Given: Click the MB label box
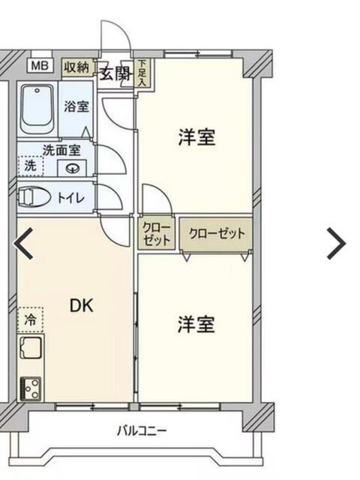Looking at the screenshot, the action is (x=40, y=65).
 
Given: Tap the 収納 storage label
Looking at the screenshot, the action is (x=77, y=67).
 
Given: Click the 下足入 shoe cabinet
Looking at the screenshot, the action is (x=142, y=73).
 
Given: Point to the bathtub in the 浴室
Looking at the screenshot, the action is (x=37, y=109).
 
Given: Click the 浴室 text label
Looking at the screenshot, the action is (x=76, y=106).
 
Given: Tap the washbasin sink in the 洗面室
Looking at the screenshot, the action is (x=73, y=168).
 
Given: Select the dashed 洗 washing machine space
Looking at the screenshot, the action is (x=30, y=166).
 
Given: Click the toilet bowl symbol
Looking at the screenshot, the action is (x=34, y=197).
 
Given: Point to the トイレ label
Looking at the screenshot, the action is (x=70, y=198).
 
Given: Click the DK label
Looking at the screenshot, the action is (x=81, y=305).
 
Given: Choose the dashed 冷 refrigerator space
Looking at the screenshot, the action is (x=30, y=320).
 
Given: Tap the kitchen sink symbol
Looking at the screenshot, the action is (x=31, y=348).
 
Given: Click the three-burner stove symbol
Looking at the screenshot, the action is (x=30, y=388).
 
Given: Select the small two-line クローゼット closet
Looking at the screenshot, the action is (x=156, y=233).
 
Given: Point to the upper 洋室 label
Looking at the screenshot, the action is (x=196, y=137).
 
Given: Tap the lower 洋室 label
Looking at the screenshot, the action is (x=196, y=325).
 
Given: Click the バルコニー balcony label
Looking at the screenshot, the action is (x=142, y=431).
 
